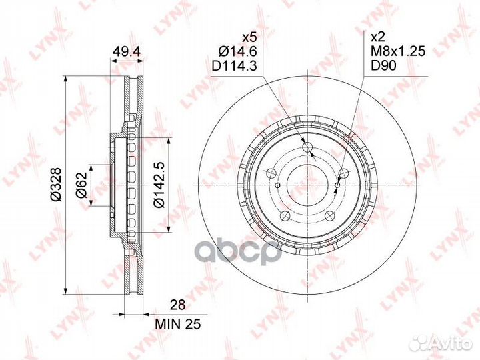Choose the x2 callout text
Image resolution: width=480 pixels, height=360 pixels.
pyautogui.click(x=377, y=38)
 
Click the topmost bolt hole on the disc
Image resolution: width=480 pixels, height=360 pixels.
pyautogui.click(x=307, y=147)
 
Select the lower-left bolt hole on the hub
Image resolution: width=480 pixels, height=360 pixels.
pyautogui.click(x=285, y=215)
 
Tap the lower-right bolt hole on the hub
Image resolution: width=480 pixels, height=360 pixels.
pyautogui.click(x=329, y=215)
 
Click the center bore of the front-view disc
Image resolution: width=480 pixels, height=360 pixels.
pyautogui.click(x=307, y=185)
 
